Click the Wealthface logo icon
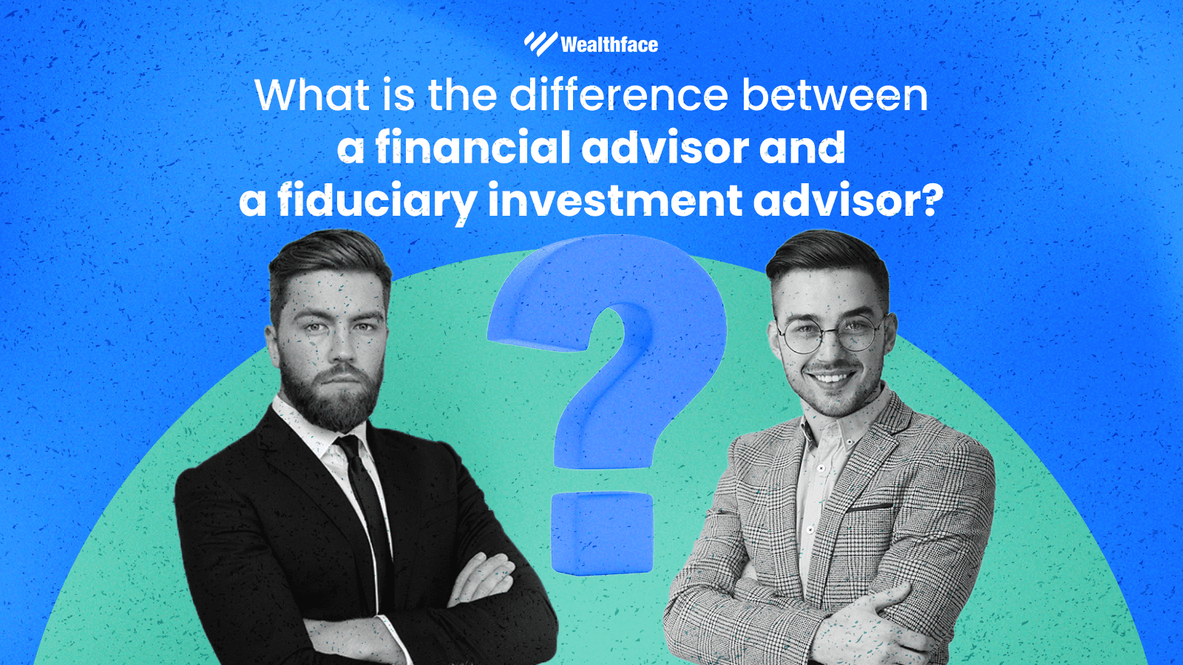(540, 44)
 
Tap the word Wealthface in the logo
(609, 45)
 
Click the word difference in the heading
(620, 96)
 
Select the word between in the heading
(835, 96)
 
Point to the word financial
(473, 148)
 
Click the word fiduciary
(377, 201)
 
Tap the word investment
(614, 201)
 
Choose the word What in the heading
(311, 96)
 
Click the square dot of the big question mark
(602, 532)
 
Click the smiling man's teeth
(831, 379)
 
